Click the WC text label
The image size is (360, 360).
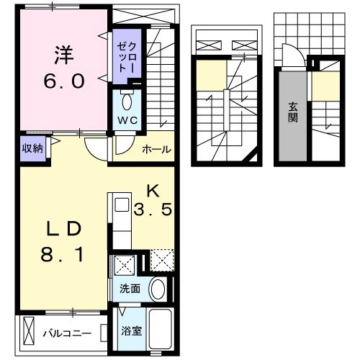pos(127,117)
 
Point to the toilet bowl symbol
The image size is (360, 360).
pos(128,99)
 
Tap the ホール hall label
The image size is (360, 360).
pos(156,150)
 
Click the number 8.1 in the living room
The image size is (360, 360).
pos(63,254)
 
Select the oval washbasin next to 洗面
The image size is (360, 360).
pos(158,289)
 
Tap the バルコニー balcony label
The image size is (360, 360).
pos(66,333)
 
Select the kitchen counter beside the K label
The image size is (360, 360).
pos(118,219)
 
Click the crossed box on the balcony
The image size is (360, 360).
pos(30,333)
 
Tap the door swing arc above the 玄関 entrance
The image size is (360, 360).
pos(290,55)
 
